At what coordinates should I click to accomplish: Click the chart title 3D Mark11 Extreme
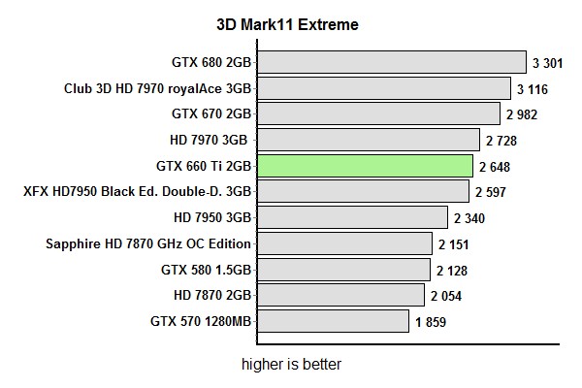tap(287, 24)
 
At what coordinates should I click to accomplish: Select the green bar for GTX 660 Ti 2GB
tap(365, 166)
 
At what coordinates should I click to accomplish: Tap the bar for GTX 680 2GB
tap(392, 63)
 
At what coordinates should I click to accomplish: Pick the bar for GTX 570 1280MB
tap(333, 321)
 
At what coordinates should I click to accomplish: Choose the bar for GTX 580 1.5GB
tap(343, 270)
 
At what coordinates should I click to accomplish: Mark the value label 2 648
tap(496, 167)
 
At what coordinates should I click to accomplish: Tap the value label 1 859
tap(431, 322)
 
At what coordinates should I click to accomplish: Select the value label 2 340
tap(469, 218)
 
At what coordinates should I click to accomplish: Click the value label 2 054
tap(447, 296)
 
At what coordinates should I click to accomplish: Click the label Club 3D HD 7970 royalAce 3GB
tap(158, 88)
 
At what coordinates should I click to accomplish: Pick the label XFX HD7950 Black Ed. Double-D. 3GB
tap(138, 192)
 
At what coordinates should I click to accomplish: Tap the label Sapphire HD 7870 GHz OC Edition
tap(148, 243)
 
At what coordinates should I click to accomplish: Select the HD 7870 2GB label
tap(212, 295)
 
